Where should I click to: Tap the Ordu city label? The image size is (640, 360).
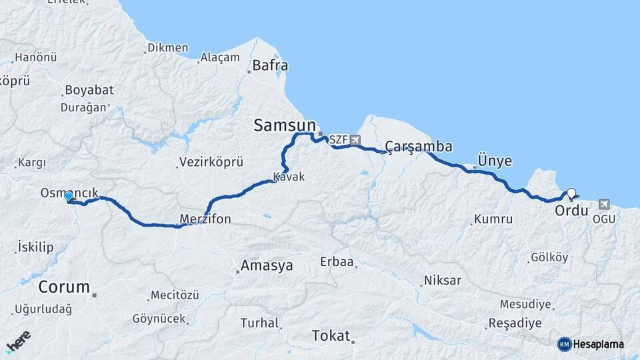[571, 211]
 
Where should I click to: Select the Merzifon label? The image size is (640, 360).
[205, 219]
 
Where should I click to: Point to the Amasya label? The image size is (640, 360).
[267, 265]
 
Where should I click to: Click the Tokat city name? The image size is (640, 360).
[331, 336]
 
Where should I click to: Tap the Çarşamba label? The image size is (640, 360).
[419, 147]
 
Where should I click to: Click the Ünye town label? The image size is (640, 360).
[495, 161]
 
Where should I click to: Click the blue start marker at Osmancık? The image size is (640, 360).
[68, 196]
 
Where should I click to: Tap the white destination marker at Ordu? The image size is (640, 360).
[571, 194]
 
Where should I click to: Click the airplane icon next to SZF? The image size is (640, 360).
[354, 140]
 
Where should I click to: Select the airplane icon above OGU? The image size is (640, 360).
[604, 203]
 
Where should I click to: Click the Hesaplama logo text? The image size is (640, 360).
[597, 344]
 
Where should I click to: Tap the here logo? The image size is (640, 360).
[18, 342]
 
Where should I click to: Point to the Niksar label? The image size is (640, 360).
[442, 280]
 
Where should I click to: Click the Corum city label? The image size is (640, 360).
[64, 287]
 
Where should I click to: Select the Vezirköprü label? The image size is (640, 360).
[211, 162]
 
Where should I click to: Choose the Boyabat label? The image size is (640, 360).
[89, 90]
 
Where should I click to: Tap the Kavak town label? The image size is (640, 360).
[289, 177]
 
